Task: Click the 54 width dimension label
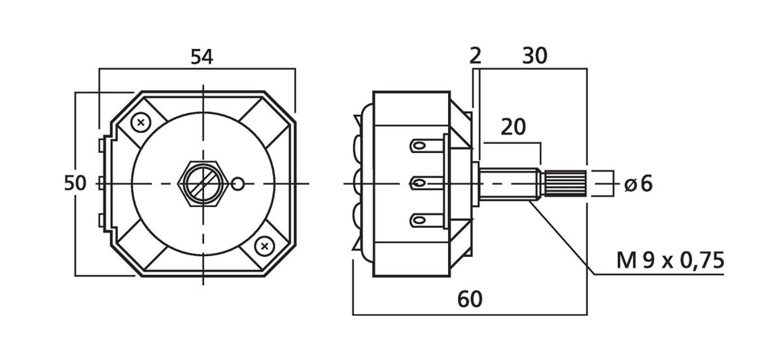click(202, 57)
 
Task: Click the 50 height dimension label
click(74, 183)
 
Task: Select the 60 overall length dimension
click(470, 300)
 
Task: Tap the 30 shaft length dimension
click(535, 56)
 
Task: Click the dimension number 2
click(475, 56)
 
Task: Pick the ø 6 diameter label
click(638, 183)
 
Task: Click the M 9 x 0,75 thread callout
click(671, 261)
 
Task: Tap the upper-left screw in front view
click(141, 122)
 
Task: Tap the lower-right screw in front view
click(264, 245)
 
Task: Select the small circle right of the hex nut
click(239, 183)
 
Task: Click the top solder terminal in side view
click(424, 144)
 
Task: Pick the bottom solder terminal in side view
click(424, 221)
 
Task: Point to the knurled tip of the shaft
click(565, 183)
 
